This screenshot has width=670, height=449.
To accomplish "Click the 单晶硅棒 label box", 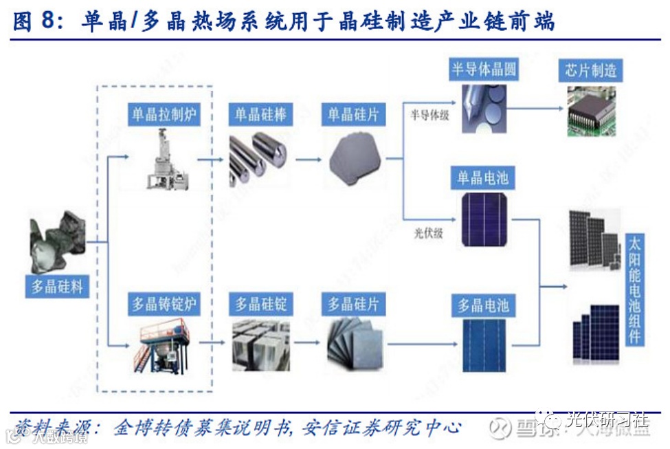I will [x=260, y=114].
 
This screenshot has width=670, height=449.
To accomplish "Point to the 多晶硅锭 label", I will [x=260, y=303].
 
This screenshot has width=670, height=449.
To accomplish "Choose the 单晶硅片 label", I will [x=353, y=114].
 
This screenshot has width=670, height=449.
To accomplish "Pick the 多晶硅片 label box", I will [x=353, y=303].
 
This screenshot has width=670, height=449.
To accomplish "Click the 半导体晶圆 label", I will [x=484, y=69].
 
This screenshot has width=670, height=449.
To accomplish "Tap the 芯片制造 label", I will [x=591, y=69].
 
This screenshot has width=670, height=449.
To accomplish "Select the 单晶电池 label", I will [x=483, y=179].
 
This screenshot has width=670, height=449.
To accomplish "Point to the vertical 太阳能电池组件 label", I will [x=634, y=289].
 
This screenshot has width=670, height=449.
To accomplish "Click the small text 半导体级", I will [x=429, y=116].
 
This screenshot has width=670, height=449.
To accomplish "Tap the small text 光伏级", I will [x=428, y=233].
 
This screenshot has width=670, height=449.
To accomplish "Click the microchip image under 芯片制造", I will [x=591, y=110].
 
